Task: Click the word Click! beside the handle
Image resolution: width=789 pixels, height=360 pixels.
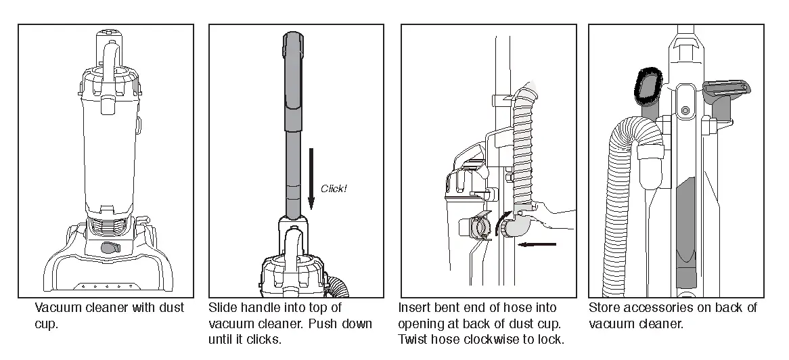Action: (334, 188)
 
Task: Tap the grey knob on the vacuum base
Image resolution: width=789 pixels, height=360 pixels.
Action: (107, 248)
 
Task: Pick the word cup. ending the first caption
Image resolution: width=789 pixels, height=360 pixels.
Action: (47, 324)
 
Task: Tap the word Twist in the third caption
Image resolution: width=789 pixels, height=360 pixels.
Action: (412, 339)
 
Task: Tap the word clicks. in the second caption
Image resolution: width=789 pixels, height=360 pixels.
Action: (265, 339)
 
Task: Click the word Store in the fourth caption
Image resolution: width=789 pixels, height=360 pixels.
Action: (604, 308)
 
